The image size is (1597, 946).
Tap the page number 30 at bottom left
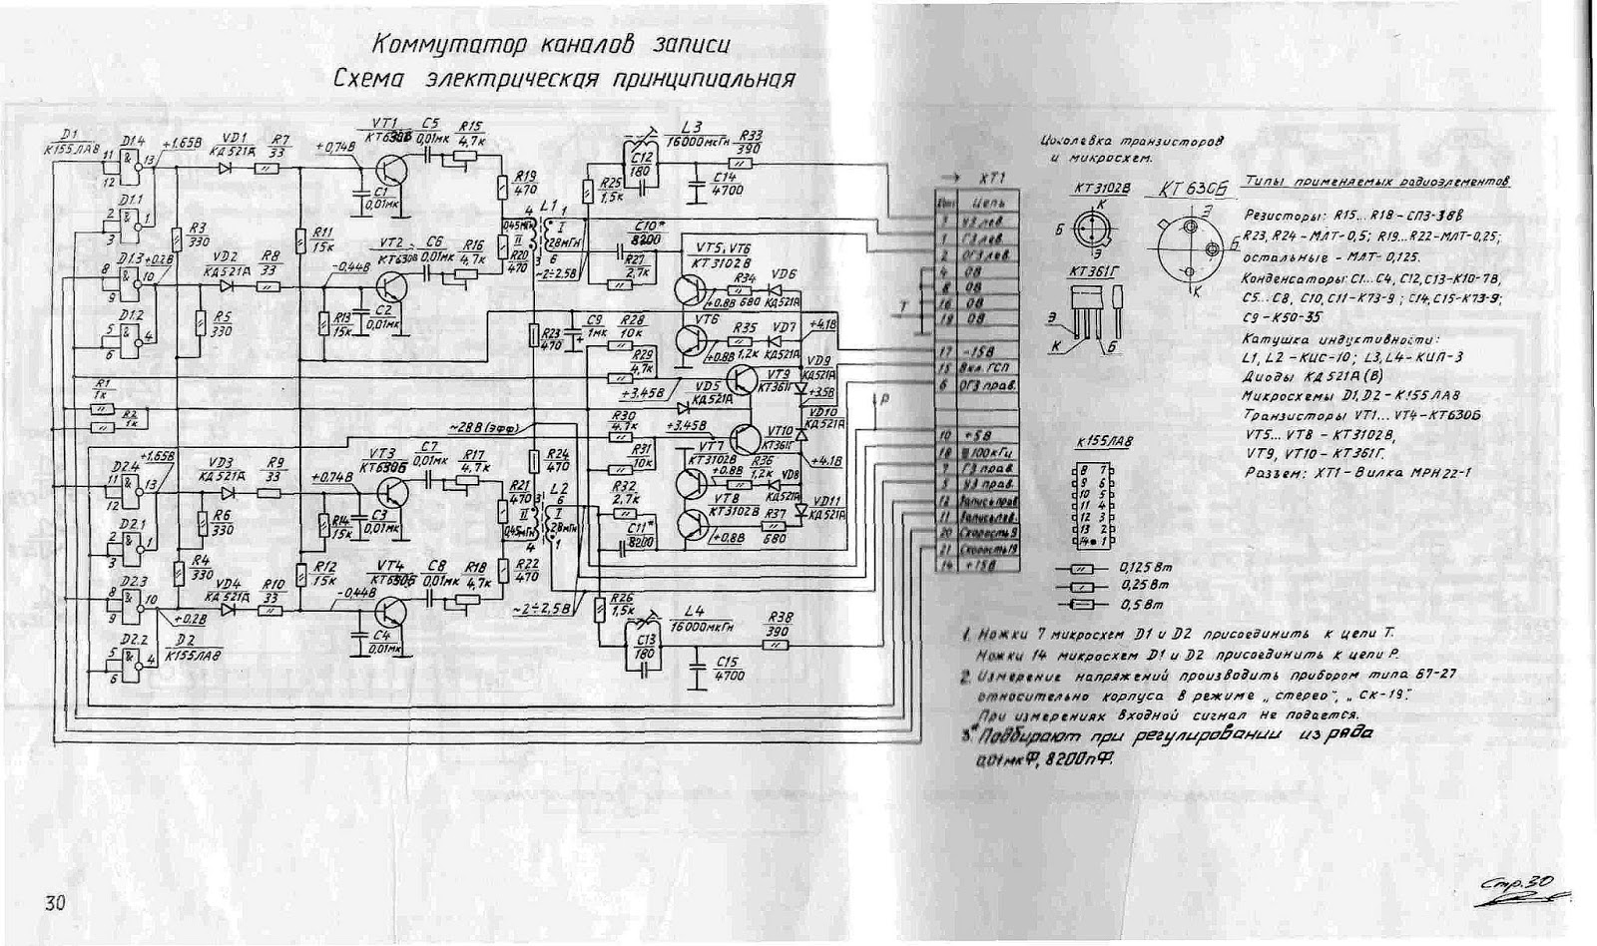tap(55, 903)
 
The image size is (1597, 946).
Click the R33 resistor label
tap(752, 136)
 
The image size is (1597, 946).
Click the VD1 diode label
tap(236, 138)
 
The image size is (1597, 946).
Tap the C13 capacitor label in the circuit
tap(645, 639)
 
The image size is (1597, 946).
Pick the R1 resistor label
tap(101, 383)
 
